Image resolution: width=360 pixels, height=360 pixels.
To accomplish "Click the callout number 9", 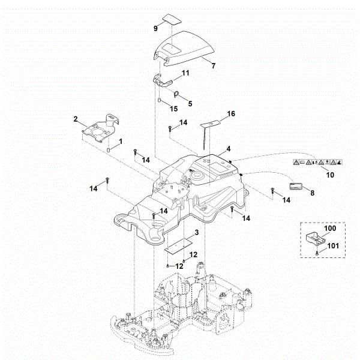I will [155, 28].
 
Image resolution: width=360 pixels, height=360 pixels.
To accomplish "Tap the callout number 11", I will [185, 73].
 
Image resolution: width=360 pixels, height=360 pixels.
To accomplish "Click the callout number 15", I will [173, 109].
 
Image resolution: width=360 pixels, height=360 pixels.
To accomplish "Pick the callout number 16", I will [231, 112].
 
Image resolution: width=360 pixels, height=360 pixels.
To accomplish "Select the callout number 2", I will [76, 119].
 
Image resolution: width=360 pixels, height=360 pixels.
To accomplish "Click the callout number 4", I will [229, 148].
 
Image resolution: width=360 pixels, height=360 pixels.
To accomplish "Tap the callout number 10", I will [328, 175].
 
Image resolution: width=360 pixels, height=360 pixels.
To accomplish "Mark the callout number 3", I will [196, 232].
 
